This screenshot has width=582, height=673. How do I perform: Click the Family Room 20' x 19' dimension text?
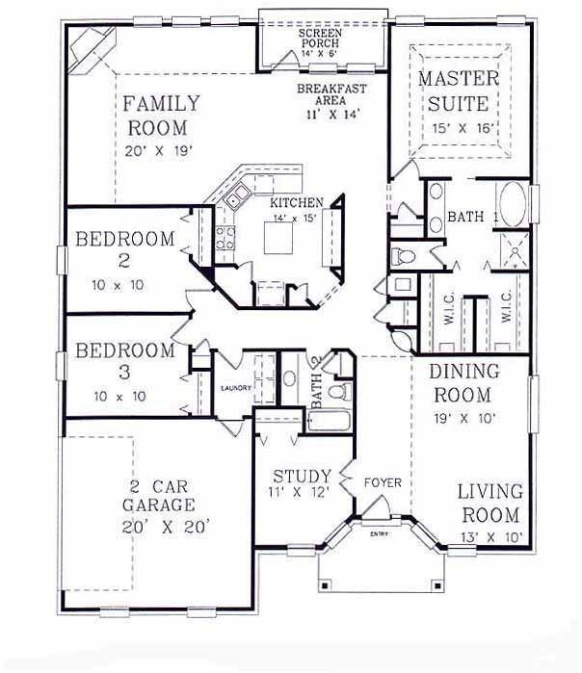[158, 151]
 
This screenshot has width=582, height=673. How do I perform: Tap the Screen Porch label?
[321, 38]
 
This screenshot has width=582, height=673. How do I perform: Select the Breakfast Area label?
[332, 94]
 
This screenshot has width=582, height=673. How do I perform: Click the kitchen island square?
[278, 238]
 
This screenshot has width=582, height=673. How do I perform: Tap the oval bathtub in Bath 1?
[513, 204]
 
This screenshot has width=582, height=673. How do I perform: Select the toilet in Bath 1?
[403, 257]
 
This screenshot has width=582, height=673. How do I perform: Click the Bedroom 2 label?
[124, 249]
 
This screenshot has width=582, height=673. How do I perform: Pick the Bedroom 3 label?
[125, 360]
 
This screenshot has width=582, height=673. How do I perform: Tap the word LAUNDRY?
[235, 388]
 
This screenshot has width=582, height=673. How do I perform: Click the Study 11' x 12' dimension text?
[299, 492]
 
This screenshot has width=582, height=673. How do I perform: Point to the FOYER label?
[383, 483]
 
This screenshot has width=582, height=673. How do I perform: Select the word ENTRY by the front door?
[379, 534]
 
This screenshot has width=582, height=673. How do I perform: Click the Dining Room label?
[463, 383]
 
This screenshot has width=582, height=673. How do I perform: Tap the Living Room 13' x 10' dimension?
[491, 537]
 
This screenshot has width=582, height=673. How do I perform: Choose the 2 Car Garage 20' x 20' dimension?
[166, 527]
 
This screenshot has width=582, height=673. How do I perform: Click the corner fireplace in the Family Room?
[93, 51]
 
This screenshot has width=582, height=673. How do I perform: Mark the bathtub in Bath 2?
[330, 421]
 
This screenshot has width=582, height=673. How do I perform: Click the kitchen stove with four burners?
[225, 238]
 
